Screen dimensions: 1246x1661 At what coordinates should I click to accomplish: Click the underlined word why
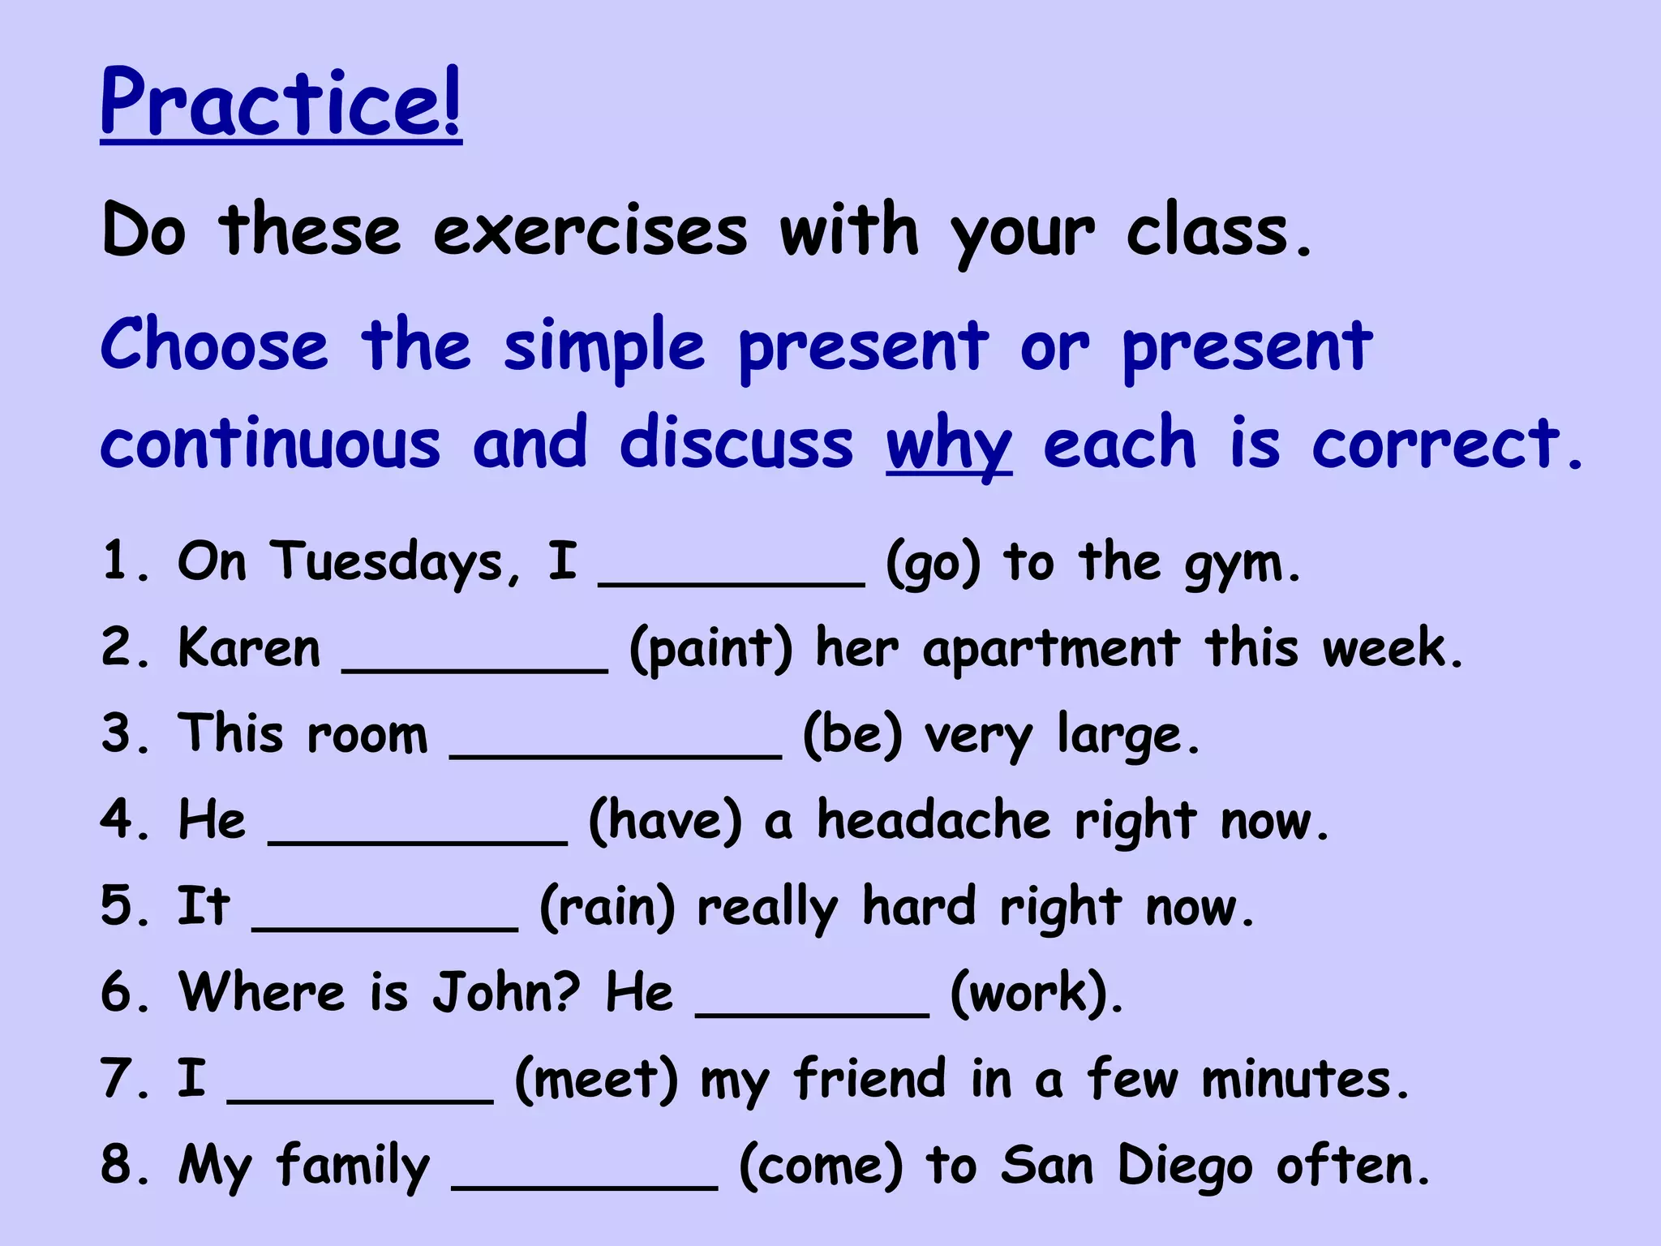[x=948, y=445]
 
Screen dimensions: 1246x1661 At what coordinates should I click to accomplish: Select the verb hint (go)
[x=933, y=564]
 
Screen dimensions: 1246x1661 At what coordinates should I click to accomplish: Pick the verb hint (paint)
[x=710, y=650]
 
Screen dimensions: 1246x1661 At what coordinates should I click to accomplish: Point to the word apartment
[x=1051, y=650]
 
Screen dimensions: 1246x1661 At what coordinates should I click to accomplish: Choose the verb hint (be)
[x=852, y=735]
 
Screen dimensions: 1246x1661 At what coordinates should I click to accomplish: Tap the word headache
[x=934, y=821]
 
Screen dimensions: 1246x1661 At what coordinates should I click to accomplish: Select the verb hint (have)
[x=665, y=821]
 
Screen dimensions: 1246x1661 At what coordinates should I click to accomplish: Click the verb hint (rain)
[x=607, y=907]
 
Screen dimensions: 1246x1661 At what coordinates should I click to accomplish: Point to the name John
[x=505, y=992]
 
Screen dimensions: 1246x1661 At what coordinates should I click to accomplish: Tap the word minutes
[x=1303, y=1080]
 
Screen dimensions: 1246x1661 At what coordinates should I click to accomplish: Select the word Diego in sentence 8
[x=1185, y=1167]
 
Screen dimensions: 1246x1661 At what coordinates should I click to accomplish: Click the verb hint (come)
[x=821, y=1167]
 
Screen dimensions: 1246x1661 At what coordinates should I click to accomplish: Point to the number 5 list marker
[x=118, y=906]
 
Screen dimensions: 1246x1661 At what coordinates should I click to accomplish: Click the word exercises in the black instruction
[x=590, y=232]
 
